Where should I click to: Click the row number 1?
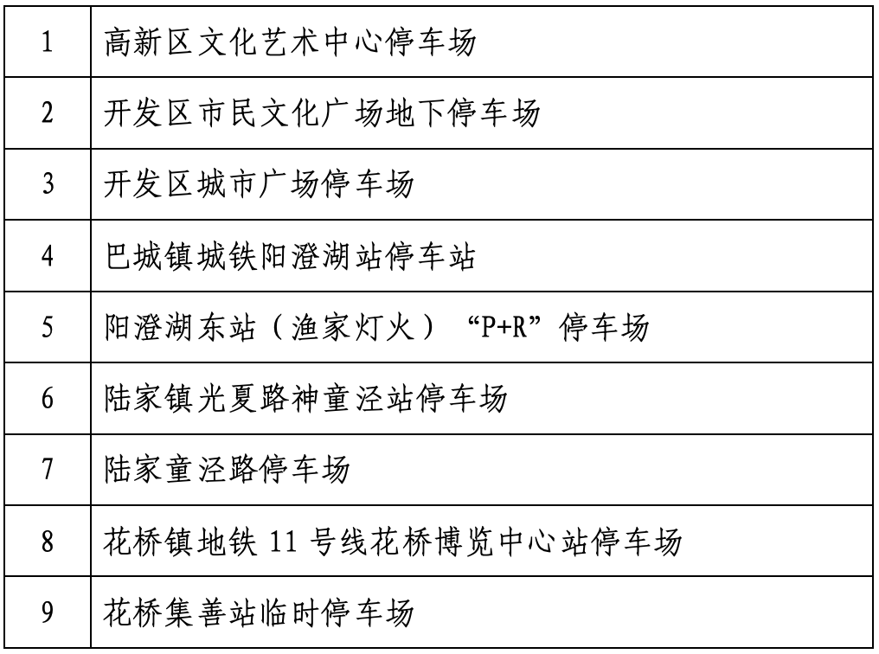pyautogui.click(x=47, y=42)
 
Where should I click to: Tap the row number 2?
pyautogui.click(x=47, y=112)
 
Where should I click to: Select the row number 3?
pyautogui.click(x=47, y=183)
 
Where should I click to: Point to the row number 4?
pyautogui.click(x=47, y=255)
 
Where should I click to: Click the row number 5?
pyautogui.click(x=47, y=327)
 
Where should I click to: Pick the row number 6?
pyautogui.click(x=47, y=398)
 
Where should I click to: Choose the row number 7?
pyautogui.click(x=47, y=469)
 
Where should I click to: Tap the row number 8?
pyautogui.click(x=47, y=541)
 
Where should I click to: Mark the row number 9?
pyautogui.click(x=47, y=612)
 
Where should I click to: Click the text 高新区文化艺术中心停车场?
pyautogui.click(x=290, y=42)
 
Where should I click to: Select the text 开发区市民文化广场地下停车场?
pyautogui.click(x=322, y=112)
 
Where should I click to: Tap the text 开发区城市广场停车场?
pyautogui.click(x=259, y=183)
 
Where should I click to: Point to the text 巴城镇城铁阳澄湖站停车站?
pyautogui.click(x=290, y=255)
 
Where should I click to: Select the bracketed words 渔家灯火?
pyautogui.click(x=353, y=327)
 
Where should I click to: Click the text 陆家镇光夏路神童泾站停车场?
pyautogui.click(x=305, y=398)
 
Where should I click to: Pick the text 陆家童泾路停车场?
pyautogui.click(x=227, y=469)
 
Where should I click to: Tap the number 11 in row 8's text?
pyautogui.click(x=283, y=542)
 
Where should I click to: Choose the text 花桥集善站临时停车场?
pyautogui.click(x=259, y=612)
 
